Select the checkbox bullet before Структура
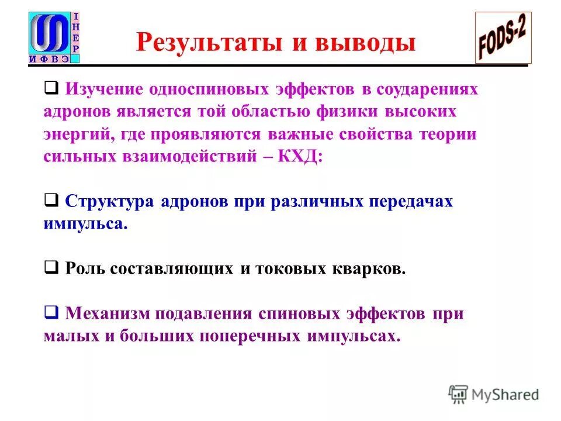pyautogui.click(x=51, y=201)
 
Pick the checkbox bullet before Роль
pyautogui.click(x=51, y=268)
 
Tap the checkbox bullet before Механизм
pyautogui.click(x=51, y=313)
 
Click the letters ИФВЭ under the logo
pyautogui.click(x=49, y=59)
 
